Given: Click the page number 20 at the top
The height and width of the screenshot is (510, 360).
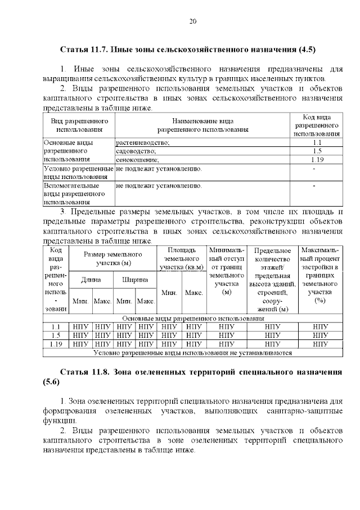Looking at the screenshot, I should click(x=192, y=21).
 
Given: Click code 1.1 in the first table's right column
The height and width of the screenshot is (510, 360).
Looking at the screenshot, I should click(x=317, y=143).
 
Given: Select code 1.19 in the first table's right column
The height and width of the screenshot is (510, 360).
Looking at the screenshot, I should click(x=317, y=160).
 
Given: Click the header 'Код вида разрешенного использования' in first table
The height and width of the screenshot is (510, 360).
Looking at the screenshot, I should click(x=317, y=125).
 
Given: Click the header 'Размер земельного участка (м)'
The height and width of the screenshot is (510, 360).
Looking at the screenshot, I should click(x=113, y=259).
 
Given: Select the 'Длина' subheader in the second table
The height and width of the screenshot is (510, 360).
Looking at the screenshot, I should click(x=91, y=280).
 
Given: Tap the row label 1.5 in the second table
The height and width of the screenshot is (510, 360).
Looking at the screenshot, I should click(x=56, y=335).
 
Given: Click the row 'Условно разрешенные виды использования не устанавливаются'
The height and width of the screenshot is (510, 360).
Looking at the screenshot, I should click(x=192, y=353).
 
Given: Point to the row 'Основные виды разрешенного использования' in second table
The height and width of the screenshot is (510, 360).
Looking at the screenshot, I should click(x=192, y=319).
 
